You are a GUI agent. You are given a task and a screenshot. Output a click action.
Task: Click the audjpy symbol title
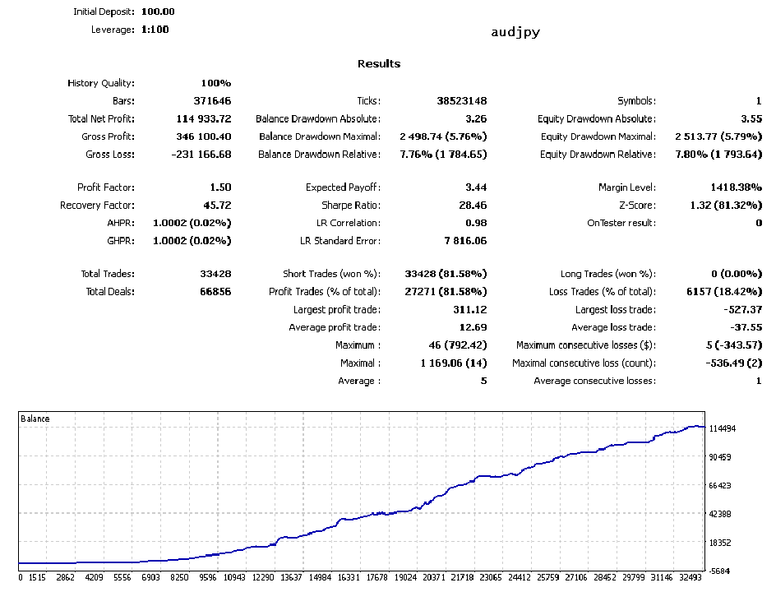pos(515,33)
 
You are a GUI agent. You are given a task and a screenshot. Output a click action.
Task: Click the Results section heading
pos(379,64)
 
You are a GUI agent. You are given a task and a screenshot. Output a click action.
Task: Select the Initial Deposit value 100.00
pos(152,12)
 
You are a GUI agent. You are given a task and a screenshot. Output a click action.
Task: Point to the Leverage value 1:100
pos(155,30)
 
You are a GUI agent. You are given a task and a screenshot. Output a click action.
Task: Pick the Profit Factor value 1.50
pos(220,187)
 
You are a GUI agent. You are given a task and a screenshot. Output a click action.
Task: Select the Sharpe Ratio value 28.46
pos(472,206)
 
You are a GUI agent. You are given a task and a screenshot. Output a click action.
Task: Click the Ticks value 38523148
pos(461,101)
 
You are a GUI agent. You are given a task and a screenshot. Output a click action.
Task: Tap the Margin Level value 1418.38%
pos(736,187)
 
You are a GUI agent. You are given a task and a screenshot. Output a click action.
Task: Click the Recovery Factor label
pos(97,206)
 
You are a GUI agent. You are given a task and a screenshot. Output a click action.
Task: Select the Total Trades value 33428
pos(215,274)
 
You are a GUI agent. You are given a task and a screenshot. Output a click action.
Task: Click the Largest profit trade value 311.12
pos(469,310)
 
